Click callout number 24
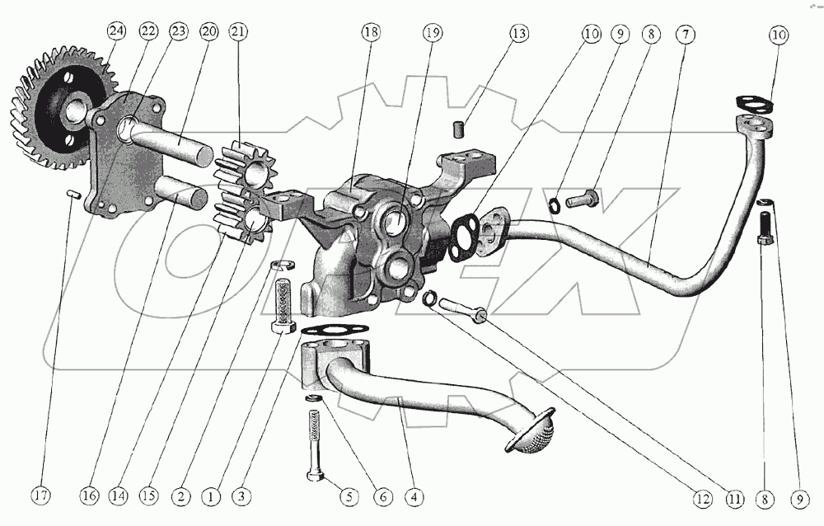coord(116,33)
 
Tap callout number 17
coord(41,496)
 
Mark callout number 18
coord(370,33)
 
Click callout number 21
coord(238,33)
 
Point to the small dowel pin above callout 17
coord(72,194)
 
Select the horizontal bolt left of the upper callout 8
coord(582,199)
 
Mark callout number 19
coord(433,34)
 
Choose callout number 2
coord(180,496)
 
